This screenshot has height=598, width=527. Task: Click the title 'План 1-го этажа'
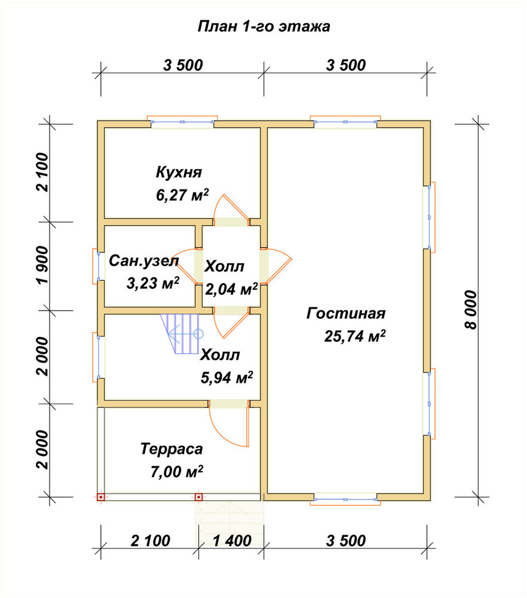pyautogui.click(x=263, y=27)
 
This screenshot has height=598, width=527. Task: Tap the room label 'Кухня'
pyautogui.click(x=179, y=173)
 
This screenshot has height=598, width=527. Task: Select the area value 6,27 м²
pyautogui.click(x=182, y=196)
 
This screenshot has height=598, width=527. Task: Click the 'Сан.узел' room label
pyautogui.click(x=144, y=261)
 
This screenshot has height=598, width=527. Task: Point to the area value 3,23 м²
pyautogui.click(x=153, y=283)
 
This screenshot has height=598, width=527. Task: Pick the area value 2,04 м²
pyautogui.click(x=231, y=289)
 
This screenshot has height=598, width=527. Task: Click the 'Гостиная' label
pyautogui.click(x=346, y=314)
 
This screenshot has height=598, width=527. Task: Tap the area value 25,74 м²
pyautogui.click(x=355, y=336)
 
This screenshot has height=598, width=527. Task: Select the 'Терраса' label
pyautogui.click(x=171, y=449)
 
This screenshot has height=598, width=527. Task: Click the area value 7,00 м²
pyautogui.click(x=176, y=472)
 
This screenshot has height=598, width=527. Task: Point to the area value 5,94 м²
pyautogui.click(x=226, y=377)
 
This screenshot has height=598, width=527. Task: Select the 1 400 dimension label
pyautogui.click(x=232, y=541)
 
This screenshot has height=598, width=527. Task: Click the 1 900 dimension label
pyautogui.click(x=43, y=265)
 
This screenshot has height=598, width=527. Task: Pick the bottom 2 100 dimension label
pyautogui.click(x=151, y=541)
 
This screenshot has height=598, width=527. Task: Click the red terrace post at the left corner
pyautogui.click(x=100, y=498)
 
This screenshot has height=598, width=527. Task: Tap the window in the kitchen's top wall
pyautogui.click(x=182, y=121)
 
